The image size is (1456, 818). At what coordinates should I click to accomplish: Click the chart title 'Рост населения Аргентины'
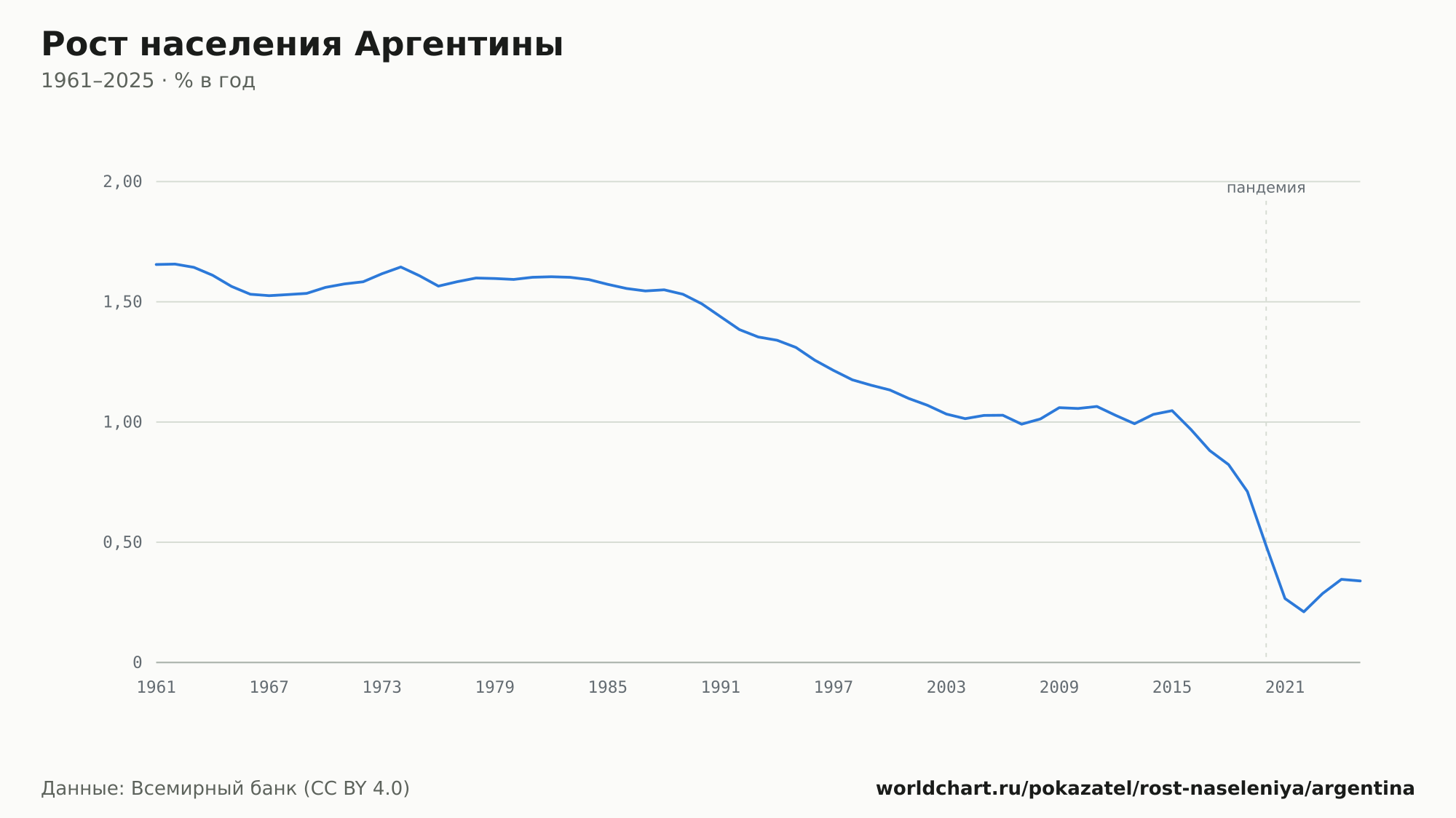302,44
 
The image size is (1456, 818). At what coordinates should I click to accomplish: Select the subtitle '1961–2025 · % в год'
148,81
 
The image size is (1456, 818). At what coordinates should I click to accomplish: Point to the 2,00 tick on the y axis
122,182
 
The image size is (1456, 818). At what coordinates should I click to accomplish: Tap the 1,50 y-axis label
122,302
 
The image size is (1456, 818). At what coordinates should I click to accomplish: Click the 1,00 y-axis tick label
122,422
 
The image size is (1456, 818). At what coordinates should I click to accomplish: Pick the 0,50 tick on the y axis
122,542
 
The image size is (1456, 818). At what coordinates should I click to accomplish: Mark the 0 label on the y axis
137,663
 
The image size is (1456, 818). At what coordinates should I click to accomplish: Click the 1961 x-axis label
157,688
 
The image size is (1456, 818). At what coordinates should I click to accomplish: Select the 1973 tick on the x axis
382,688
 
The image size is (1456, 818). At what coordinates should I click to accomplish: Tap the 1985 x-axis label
608,688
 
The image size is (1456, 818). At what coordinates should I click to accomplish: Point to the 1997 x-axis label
834,688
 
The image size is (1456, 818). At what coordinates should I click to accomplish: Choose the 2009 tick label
1059,688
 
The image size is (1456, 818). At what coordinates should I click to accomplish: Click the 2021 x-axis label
1285,688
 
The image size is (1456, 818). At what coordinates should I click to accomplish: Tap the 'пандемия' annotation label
1266,188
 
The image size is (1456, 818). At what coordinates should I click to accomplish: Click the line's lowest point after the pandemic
1303,611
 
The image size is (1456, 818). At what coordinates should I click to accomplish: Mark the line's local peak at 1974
400,267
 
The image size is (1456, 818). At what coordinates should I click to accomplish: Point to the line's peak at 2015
1172,410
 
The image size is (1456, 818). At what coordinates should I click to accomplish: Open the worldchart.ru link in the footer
1145,789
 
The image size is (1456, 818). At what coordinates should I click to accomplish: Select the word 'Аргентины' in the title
459,44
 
